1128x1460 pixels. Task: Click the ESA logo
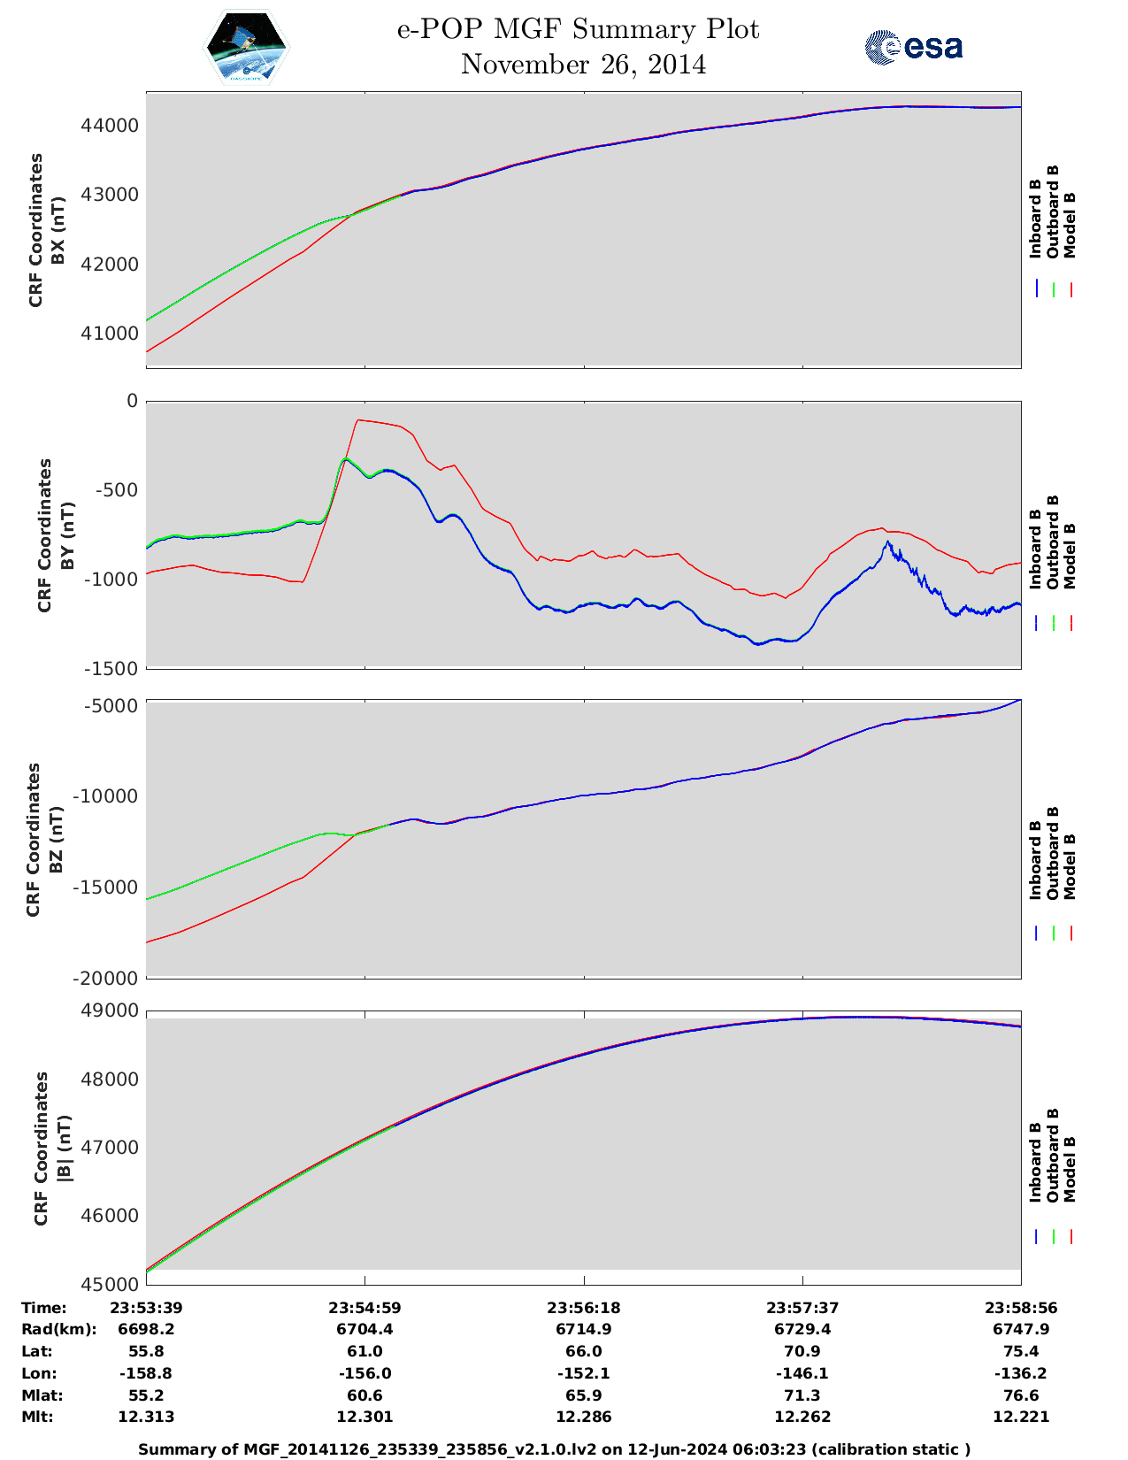(914, 47)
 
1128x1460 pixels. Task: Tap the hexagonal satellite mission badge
(247, 48)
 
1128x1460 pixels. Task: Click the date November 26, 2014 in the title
(583, 65)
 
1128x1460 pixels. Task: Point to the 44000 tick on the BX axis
(110, 126)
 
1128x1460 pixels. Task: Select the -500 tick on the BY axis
(115, 490)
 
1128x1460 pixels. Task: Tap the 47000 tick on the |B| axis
(110, 1148)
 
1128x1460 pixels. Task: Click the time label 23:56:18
(583, 1308)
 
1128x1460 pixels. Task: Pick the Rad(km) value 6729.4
(802, 1329)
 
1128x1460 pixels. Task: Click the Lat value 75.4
(1021, 1351)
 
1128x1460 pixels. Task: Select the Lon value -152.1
(583, 1373)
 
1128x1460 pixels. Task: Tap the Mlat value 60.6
(364, 1395)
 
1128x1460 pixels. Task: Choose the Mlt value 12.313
(146, 1417)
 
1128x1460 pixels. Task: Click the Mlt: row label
(37, 1417)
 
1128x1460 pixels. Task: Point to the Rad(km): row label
(59, 1329)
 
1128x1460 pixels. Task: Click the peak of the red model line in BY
(358, 420)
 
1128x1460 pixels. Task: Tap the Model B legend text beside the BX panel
(1070, 225)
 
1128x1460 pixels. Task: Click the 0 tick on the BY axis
(132, 401)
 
